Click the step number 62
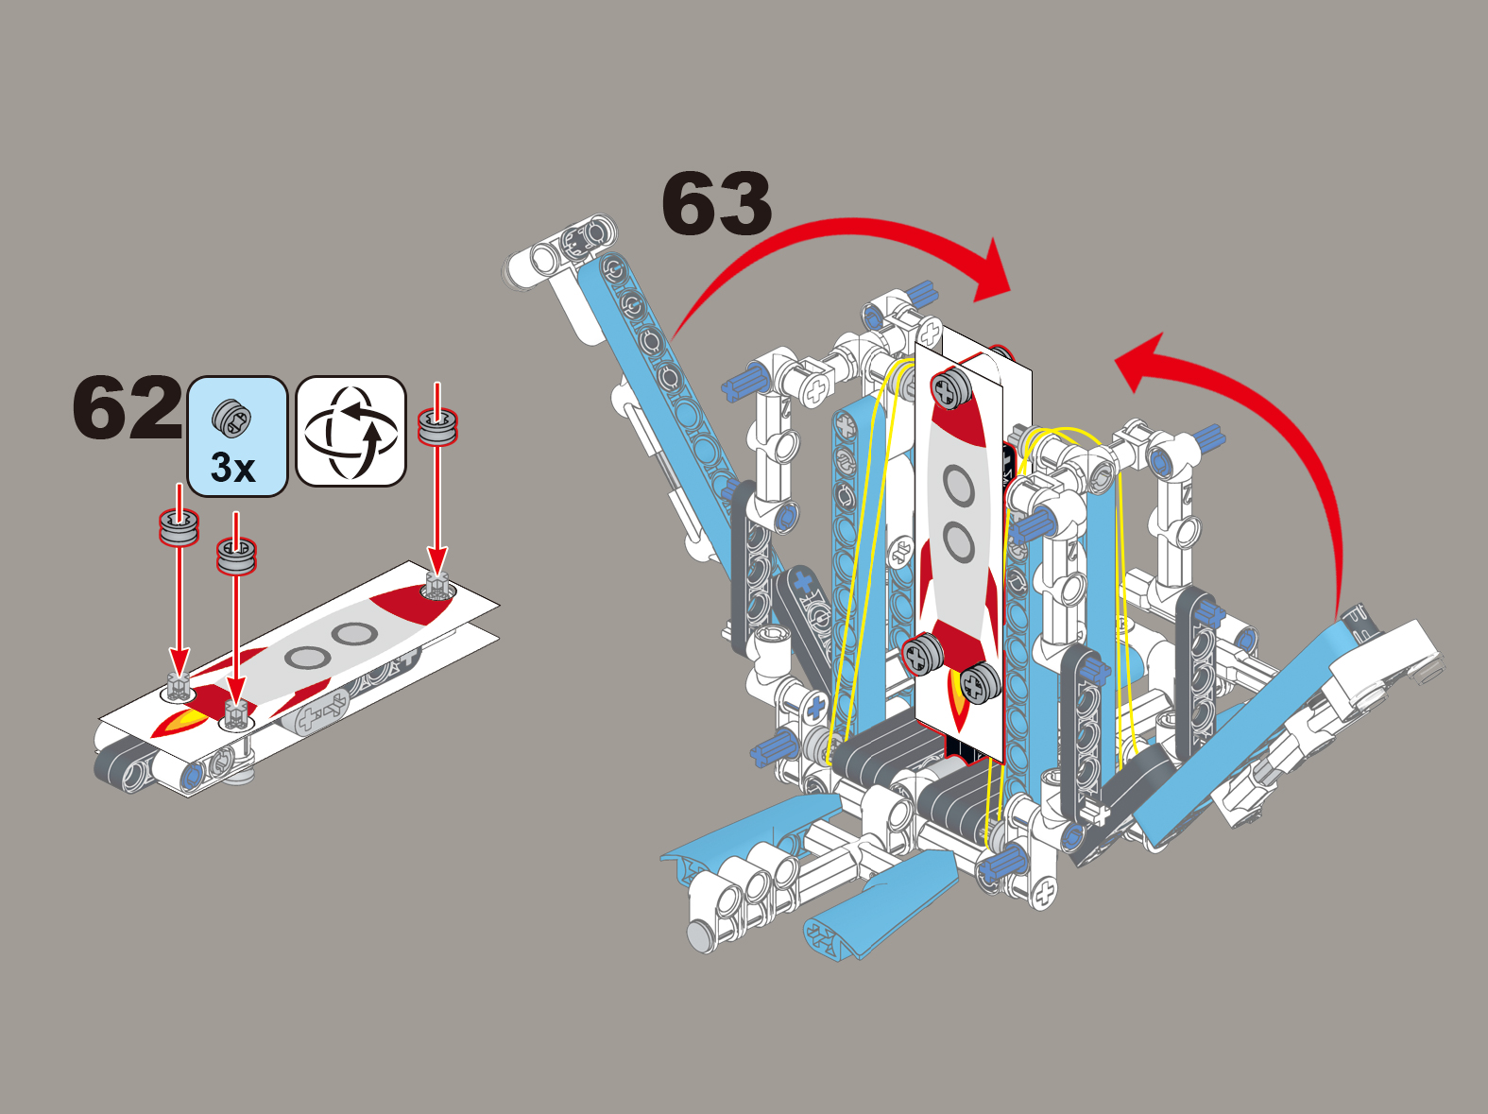(x=128, y=406)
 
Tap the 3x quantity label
(x=232, y=467)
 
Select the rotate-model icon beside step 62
(x=351, y=431)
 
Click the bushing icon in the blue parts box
(x=231, y=417)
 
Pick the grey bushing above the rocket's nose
(x=437, y=427)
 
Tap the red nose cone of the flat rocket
(x=415, y=605)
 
